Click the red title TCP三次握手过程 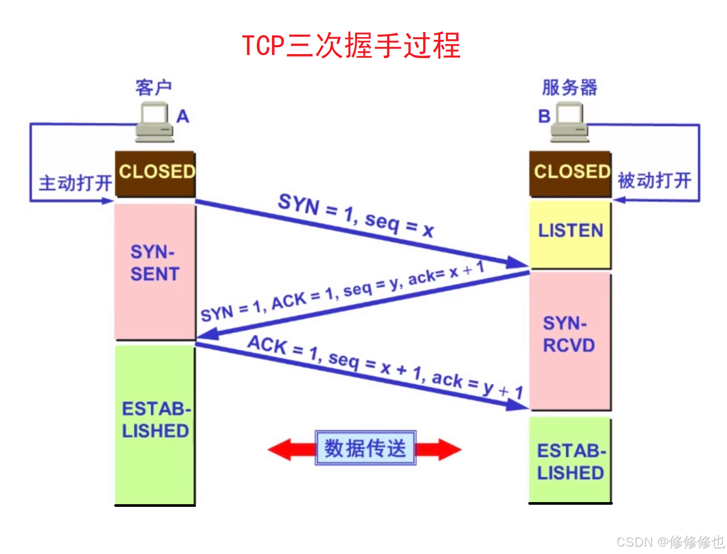point(351,46)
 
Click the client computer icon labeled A point(155,122)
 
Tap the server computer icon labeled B point(570,122)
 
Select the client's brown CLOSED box point(155,173)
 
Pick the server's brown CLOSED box point(570,173)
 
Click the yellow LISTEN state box point(570,234)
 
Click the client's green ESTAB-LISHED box point(155,425)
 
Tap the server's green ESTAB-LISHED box point(570,460)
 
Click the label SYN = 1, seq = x point(356,215)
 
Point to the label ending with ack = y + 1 point(385,366)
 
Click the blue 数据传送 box point(365,448)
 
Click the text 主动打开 point(75,183)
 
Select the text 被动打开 point(655,181)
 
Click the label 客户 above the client point(153,88)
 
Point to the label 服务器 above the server point(570,88)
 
